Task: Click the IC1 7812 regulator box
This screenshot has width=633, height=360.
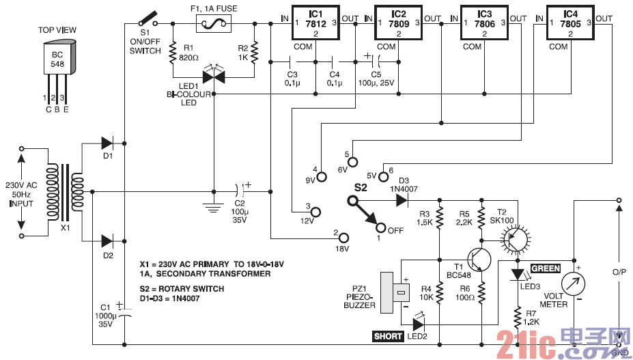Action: [x=315, y=23]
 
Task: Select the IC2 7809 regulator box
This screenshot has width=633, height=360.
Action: [x=399, y=23]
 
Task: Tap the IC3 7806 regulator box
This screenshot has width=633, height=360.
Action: [x=485, y=23]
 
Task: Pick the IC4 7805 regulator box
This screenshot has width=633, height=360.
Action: [x=570, y=23]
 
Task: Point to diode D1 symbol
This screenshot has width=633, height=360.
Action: [x=108, y=143]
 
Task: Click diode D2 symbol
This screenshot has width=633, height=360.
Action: [x=108, y=240]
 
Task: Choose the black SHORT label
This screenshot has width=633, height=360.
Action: [x=388, y=336]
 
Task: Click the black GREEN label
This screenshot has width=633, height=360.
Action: [x=545, y=269]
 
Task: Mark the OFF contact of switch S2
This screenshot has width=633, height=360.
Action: [x=382, y=229]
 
